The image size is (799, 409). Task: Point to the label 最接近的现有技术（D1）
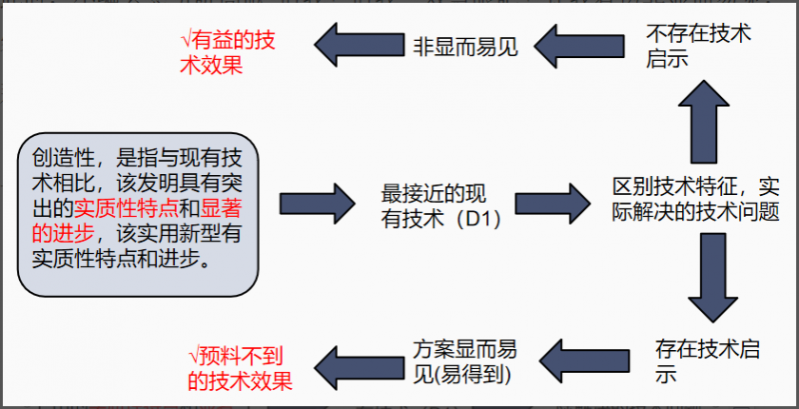coord(440,205)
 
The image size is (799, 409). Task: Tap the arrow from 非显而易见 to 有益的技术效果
coord(355,44)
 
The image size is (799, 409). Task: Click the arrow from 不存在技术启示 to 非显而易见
coord(577,45)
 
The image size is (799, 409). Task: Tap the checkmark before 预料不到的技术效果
coord(195,356)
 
